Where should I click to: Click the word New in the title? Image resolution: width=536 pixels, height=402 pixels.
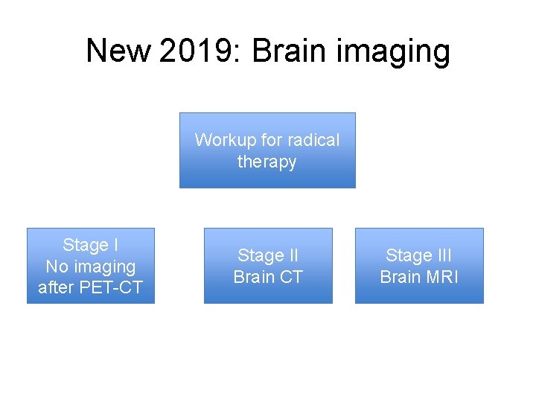coord(118,51)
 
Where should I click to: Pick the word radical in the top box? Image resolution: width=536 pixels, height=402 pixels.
coord(313,140)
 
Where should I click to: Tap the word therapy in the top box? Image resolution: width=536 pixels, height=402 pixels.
coord(267,162)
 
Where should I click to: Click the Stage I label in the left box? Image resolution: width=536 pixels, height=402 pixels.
coord(91,245)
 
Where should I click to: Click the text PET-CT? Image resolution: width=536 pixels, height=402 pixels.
coord(112,287)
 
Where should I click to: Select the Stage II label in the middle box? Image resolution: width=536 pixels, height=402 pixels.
coord(267,255)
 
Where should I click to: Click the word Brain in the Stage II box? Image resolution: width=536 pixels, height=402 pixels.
coord(254,277)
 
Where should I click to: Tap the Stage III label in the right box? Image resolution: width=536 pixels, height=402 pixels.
coord(418,255)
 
